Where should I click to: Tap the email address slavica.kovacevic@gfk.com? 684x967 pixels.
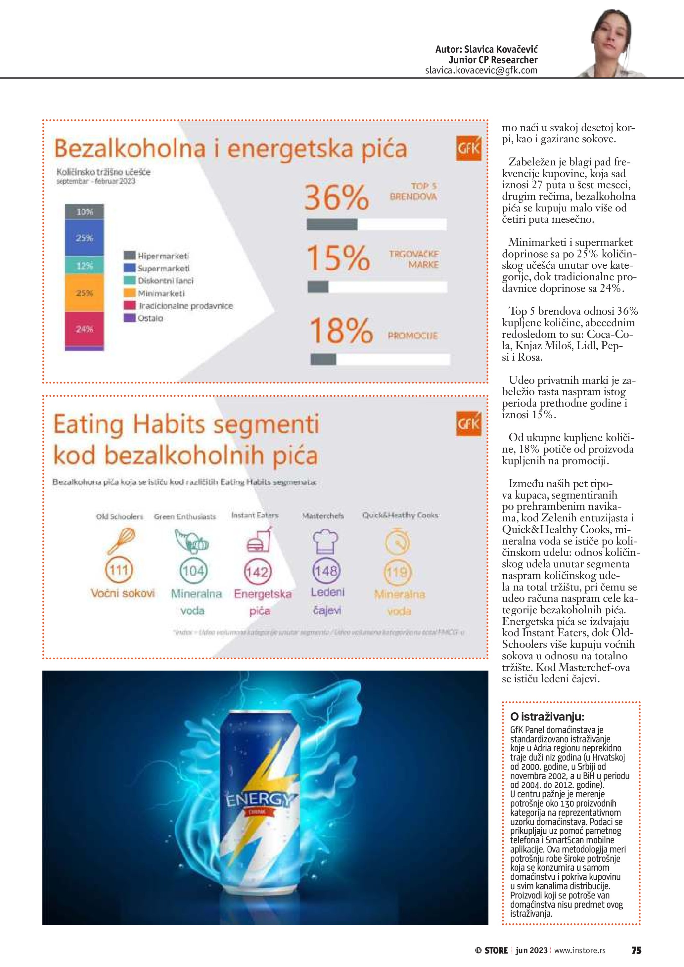coord(481,70)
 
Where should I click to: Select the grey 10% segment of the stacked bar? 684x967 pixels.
coord(84,211)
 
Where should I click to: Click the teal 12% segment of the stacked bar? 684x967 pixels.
coord(84,265)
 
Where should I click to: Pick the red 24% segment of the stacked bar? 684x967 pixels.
coord(84,329)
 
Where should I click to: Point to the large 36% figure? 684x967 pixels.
coord(337,197)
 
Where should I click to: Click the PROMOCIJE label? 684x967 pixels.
coord(413,336)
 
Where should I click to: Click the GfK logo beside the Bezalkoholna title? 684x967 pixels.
coord(468,148)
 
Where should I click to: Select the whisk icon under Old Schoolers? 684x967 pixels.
coord(121,541)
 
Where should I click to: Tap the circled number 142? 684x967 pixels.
coord(258,572)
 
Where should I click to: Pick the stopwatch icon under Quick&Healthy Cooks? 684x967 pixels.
coord(397,542)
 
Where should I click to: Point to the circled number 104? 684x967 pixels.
coord(193,571)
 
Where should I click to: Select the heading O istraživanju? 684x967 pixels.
coord(547,717)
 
